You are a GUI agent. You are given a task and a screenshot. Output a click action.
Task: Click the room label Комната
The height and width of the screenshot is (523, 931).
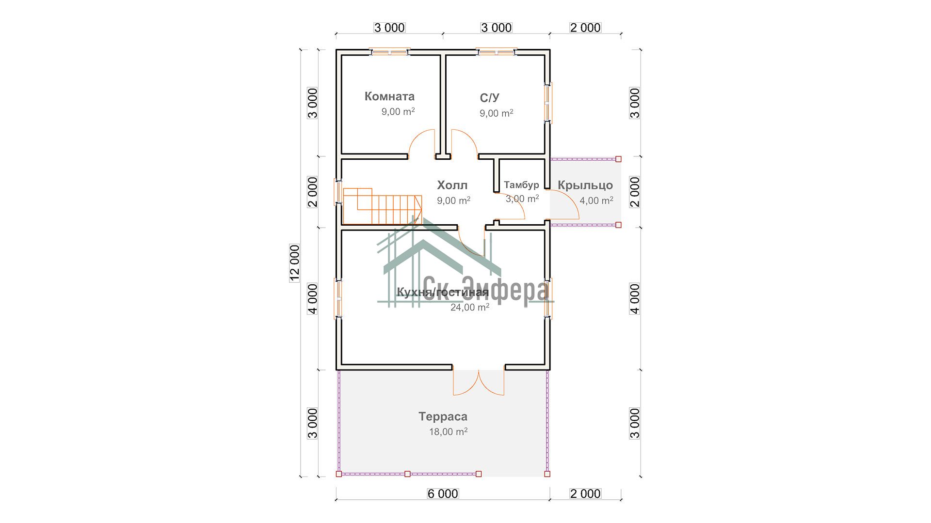point(389,96)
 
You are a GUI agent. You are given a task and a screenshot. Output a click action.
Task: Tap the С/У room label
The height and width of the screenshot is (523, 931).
point(489,98)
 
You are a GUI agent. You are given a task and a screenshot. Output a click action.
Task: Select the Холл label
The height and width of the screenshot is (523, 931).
point(452,185)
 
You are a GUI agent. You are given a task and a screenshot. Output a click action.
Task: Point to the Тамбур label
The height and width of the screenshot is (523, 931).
point(521,185)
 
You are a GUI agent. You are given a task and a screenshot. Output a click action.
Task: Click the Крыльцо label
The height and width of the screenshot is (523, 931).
point(585,185)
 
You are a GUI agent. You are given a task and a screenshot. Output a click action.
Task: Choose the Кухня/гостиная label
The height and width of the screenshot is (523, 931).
point(443,292)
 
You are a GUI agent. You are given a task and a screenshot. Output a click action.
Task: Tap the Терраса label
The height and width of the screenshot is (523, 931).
point(443,416)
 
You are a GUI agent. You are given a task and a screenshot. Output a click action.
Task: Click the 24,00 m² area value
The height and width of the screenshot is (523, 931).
point(470,307)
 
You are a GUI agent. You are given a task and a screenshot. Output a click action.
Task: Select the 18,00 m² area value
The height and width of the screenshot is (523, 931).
point(448,431)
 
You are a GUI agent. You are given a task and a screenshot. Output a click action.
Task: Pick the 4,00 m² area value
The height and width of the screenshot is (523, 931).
point(596,200)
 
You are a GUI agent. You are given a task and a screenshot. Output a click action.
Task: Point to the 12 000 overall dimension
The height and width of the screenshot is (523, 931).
point(295,263)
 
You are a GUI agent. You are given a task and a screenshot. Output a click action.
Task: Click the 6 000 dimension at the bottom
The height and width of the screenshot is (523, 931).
point(443,493)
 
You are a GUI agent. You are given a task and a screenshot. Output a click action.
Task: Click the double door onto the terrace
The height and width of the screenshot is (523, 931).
point(479,383)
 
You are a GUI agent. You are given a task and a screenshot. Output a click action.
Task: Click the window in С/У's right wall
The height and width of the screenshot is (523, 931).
point(548,102)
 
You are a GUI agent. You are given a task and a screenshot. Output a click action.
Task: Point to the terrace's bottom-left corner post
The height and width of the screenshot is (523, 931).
point(339,474)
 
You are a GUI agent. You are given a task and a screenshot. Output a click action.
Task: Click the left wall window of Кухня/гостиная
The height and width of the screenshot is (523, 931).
point(338,298)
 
